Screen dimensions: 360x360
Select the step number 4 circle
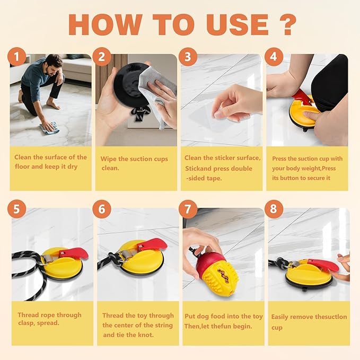click(273, 56)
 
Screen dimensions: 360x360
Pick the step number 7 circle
click(188, 209)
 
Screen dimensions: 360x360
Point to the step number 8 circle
click(273, 209)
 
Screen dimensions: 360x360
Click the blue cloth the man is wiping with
click(51, 128)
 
